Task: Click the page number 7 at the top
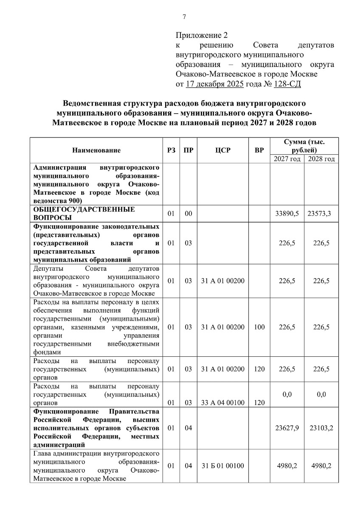click(x=184, y=17)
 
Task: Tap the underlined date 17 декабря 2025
click(x=214, y=84)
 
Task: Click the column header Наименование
click(x=96, y=150)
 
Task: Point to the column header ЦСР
click(x=223, y=150)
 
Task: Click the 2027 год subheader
click(x=287, y=159)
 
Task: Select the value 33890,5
click(x=287, y=213)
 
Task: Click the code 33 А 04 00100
click(x=223, y=403)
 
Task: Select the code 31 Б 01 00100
click(x=223, y=466)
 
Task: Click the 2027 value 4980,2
click(x=287, y=466)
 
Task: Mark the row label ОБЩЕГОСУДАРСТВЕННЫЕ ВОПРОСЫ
click(x=84, y=213)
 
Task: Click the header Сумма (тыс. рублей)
click(x=304, y=146)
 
